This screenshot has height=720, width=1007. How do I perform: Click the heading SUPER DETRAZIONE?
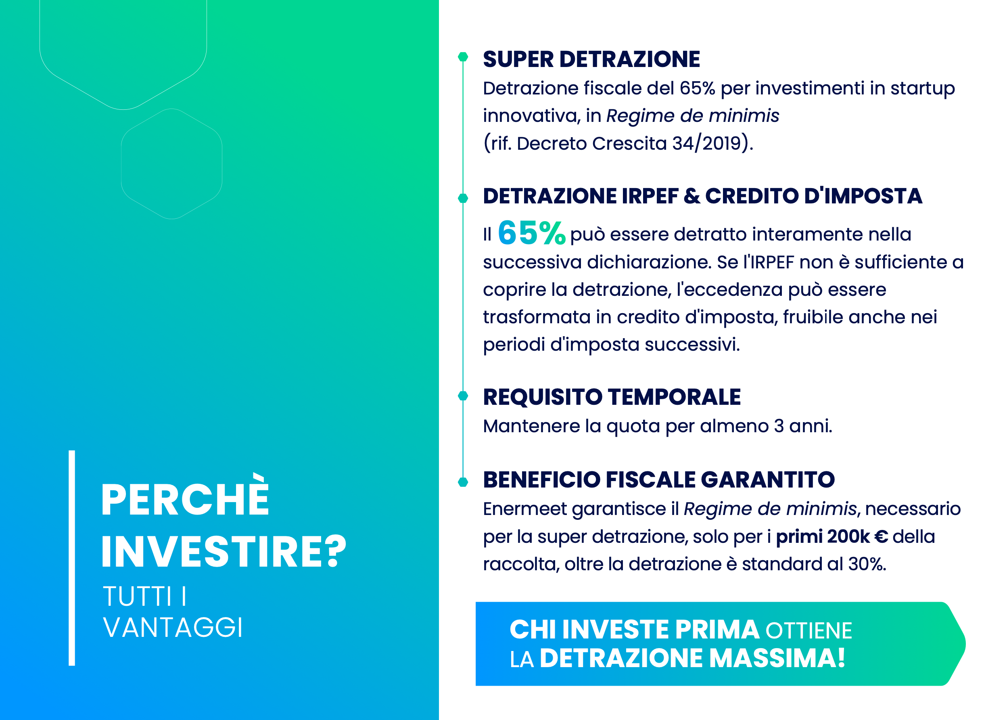[591, 59]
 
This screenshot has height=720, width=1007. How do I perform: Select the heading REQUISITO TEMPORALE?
[612, 397]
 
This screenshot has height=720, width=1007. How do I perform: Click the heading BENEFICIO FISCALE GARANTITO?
[659, 479]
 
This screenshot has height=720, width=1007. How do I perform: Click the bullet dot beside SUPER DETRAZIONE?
[463, 57]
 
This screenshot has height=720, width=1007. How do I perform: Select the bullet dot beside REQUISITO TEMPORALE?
[463, 396]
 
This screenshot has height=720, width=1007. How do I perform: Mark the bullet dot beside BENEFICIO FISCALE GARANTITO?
[463, 481]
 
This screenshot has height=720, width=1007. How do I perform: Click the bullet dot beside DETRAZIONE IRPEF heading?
[463, 198]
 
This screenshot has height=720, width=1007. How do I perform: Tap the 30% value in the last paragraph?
[867, 564]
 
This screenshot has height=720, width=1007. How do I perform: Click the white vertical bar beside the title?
[72, 558]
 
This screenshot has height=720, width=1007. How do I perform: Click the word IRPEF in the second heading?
[650, 196]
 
